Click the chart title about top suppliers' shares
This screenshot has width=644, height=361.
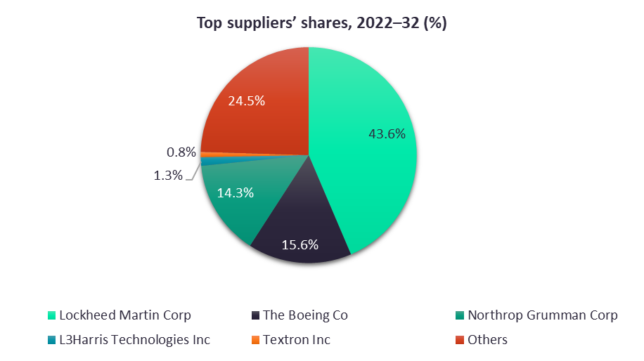321,23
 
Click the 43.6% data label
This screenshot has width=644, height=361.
387,133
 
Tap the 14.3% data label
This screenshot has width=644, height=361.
235,192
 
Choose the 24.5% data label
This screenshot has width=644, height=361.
246,100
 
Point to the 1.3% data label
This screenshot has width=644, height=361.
168,175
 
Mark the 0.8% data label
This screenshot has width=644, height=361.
181,152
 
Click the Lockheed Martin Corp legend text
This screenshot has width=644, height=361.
125,315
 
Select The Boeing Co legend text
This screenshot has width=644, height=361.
306,315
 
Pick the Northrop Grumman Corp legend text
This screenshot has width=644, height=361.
543,315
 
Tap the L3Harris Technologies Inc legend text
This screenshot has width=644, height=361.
135,340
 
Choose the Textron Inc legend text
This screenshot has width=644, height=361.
297,340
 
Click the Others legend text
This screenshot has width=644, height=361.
487,340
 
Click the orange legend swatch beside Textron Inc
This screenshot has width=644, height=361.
256,340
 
